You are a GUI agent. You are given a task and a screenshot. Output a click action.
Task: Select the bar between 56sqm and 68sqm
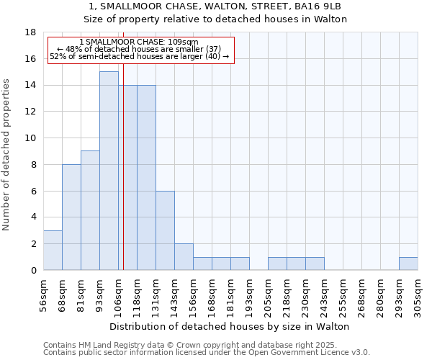click(x=53, y=250)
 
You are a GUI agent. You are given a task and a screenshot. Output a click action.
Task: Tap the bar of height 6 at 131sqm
click(x=165, y=230)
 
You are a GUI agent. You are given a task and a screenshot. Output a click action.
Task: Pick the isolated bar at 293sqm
click(x=408, y=264)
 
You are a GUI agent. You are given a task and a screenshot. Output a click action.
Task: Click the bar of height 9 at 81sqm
click(x=90, y=210)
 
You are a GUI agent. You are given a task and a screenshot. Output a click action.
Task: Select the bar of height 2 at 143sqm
click(x=184, y=256)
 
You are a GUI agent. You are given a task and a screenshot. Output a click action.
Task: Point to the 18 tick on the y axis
click(x=31, y=32)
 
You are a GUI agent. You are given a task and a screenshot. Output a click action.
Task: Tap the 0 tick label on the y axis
click(x=34, y=271)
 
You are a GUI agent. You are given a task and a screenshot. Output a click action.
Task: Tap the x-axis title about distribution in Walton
click(x=230, y=326)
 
